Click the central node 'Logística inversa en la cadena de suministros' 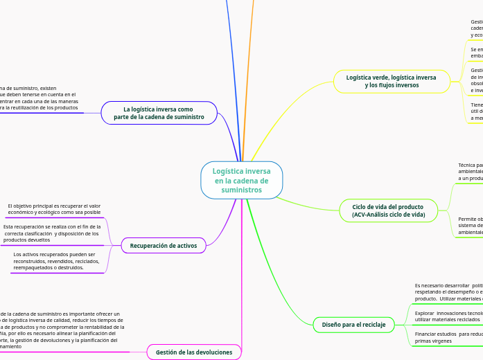(x=241, y=180)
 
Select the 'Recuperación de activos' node (x=164, y=245)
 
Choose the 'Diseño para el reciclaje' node (x=353, y=324)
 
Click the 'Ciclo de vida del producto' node (x=388, y=210)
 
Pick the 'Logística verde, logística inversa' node (x=392, y=81)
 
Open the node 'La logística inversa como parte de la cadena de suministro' (x=159, y=113)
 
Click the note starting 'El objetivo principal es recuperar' (x=54, y=209)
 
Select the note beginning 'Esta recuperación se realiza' (x=51, y=233)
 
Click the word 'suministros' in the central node (x=242, y=190)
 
